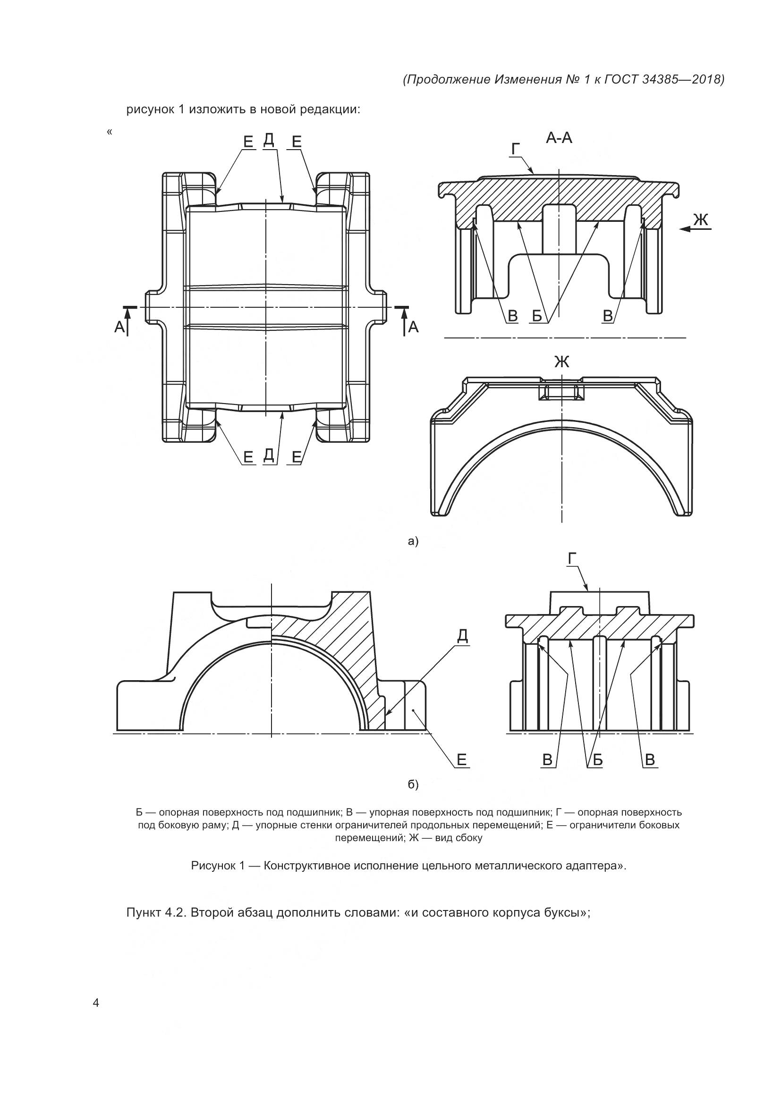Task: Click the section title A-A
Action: [x=559, y=138]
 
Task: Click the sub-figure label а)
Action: [x=413, y=541]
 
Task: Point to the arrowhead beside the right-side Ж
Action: [x=685, y=229]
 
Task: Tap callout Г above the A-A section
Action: [x=516, y=150]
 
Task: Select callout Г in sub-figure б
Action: [x=572, y=559]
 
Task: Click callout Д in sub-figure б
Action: [x=462, y=636]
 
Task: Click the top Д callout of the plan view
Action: [x=269, y=139]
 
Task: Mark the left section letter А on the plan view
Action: [x=119, y=328]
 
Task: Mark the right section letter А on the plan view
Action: [x=413, y=328]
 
